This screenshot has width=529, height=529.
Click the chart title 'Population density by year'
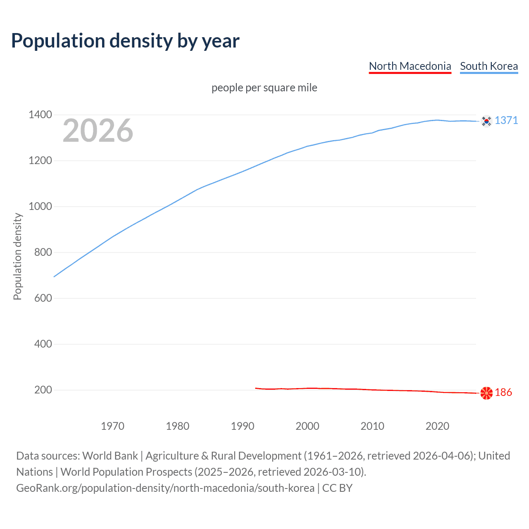point(125,41)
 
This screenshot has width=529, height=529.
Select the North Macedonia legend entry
point(410,66)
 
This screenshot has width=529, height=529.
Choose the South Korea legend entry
point(488,66)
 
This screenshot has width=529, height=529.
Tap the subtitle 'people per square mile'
point(264,88)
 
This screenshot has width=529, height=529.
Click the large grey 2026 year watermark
point(98,131)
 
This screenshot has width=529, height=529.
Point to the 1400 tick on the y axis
point(40,114)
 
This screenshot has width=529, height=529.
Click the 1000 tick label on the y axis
point(40,206)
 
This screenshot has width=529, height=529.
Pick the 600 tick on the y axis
point(43,298)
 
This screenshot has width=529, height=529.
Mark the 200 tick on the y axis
point(43,390)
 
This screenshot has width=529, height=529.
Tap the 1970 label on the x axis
point(112,426)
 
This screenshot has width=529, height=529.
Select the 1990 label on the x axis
point(243,426)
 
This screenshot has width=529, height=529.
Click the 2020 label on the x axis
point(437,426)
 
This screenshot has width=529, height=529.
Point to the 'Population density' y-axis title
point(17,256)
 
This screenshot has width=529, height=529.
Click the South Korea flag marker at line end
point(486,121)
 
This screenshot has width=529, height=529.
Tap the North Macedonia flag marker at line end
point(486,393)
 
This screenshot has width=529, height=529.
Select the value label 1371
point(506,120)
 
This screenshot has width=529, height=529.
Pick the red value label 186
point(503,392)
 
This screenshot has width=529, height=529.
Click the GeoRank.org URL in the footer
point(165,488)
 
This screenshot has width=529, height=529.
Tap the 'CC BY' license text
point(337,488)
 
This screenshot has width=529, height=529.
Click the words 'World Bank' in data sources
point(110,456)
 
